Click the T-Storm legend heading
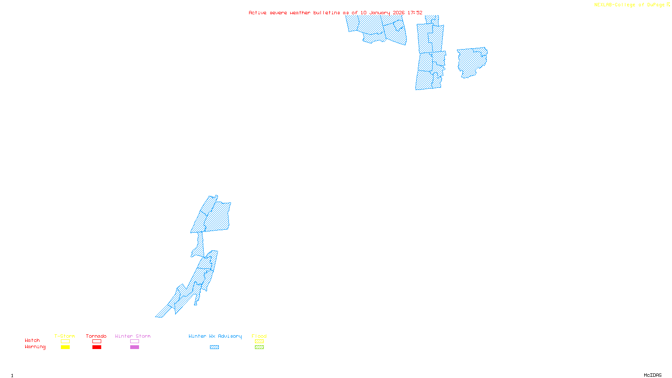65,336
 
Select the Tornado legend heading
96,336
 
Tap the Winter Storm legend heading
133,336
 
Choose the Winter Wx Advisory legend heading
215,336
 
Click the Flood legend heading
259,336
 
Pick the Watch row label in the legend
32,340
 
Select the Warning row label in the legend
35,347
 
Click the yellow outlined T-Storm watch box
65,341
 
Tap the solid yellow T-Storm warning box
65,347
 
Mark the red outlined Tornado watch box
97,341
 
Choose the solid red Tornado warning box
97,347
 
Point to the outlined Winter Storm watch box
134,341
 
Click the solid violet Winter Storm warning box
134,347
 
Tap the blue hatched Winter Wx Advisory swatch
214,347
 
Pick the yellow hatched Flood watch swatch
259,341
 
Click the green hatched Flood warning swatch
259,347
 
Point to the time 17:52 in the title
415,13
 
